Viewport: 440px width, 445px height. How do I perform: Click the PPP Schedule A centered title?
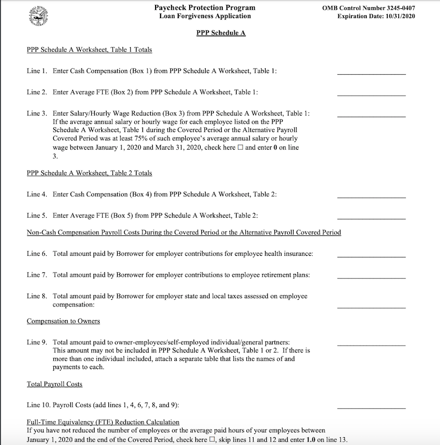point(221,33)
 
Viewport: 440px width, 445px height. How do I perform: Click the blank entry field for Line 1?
point(371,70)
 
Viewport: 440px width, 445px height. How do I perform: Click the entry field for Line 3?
point(371,113)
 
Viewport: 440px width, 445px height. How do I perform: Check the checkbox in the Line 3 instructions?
point(240,148)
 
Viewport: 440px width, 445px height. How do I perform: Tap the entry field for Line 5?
point(371,215)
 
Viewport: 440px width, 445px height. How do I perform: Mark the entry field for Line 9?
point(371,342)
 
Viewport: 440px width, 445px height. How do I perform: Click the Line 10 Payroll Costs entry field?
point(371,405)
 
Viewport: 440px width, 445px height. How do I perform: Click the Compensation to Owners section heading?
point(63,321)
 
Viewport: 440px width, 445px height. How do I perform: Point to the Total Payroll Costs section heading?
point(54,384)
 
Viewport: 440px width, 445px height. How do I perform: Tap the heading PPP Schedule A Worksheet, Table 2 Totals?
point(89,173)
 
